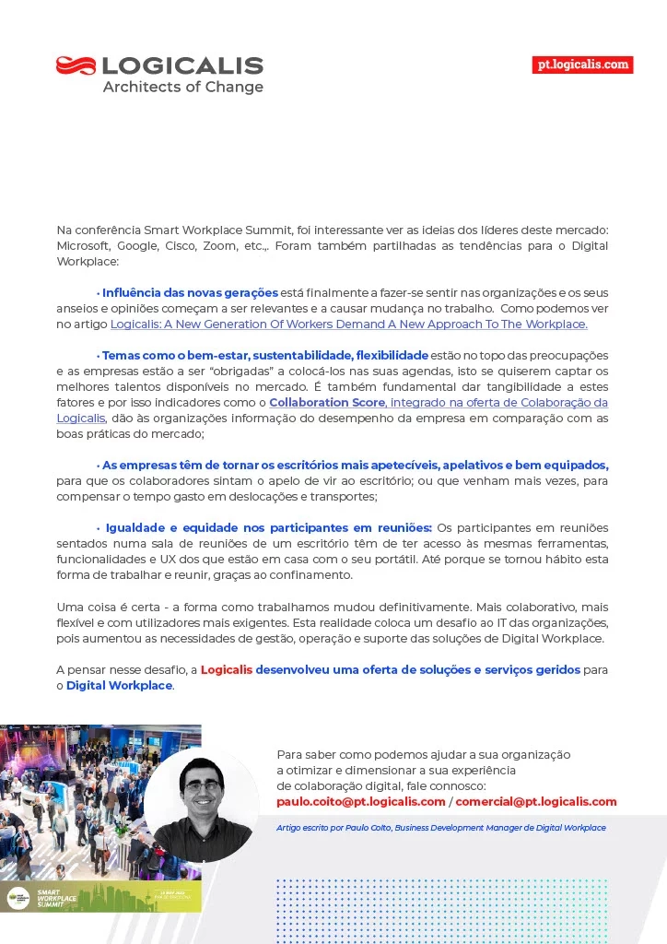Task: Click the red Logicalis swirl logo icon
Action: [x=76, y=65]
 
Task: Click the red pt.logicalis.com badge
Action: [x=583, y=65]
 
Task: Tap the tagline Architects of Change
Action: [x=182, y=88]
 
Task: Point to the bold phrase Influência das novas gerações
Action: [x=190, y=293]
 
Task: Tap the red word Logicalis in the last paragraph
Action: [x=227, y=670]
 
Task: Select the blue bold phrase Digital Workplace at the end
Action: [x=119, y=686]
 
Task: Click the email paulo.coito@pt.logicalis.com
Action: [x=360, y=802]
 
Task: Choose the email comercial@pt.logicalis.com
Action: [x=536, y=802]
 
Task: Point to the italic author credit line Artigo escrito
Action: [x=440, y=828]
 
